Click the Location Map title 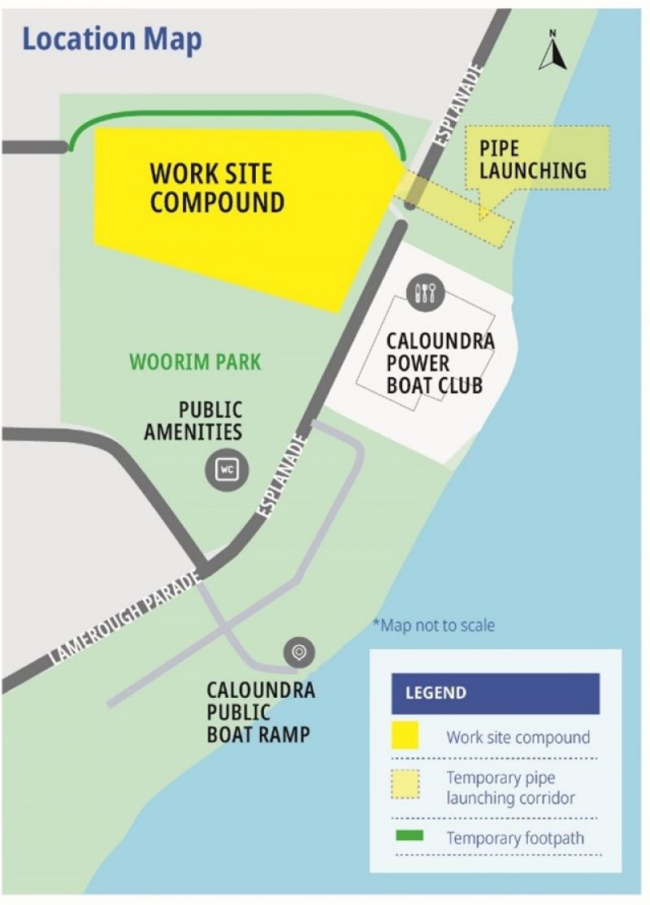pos(112,40)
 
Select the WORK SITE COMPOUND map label pos(216,188)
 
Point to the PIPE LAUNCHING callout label pos(532,160)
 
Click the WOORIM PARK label pos(195,361)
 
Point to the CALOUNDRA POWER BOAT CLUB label pos(440,362)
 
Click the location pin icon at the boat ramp pos(299,652)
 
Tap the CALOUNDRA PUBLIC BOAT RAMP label pos(260,712)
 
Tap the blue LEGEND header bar pos(495,693)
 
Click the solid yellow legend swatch pos(405,735)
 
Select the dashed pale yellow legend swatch pos(405,786)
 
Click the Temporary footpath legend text pos(514,838)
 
